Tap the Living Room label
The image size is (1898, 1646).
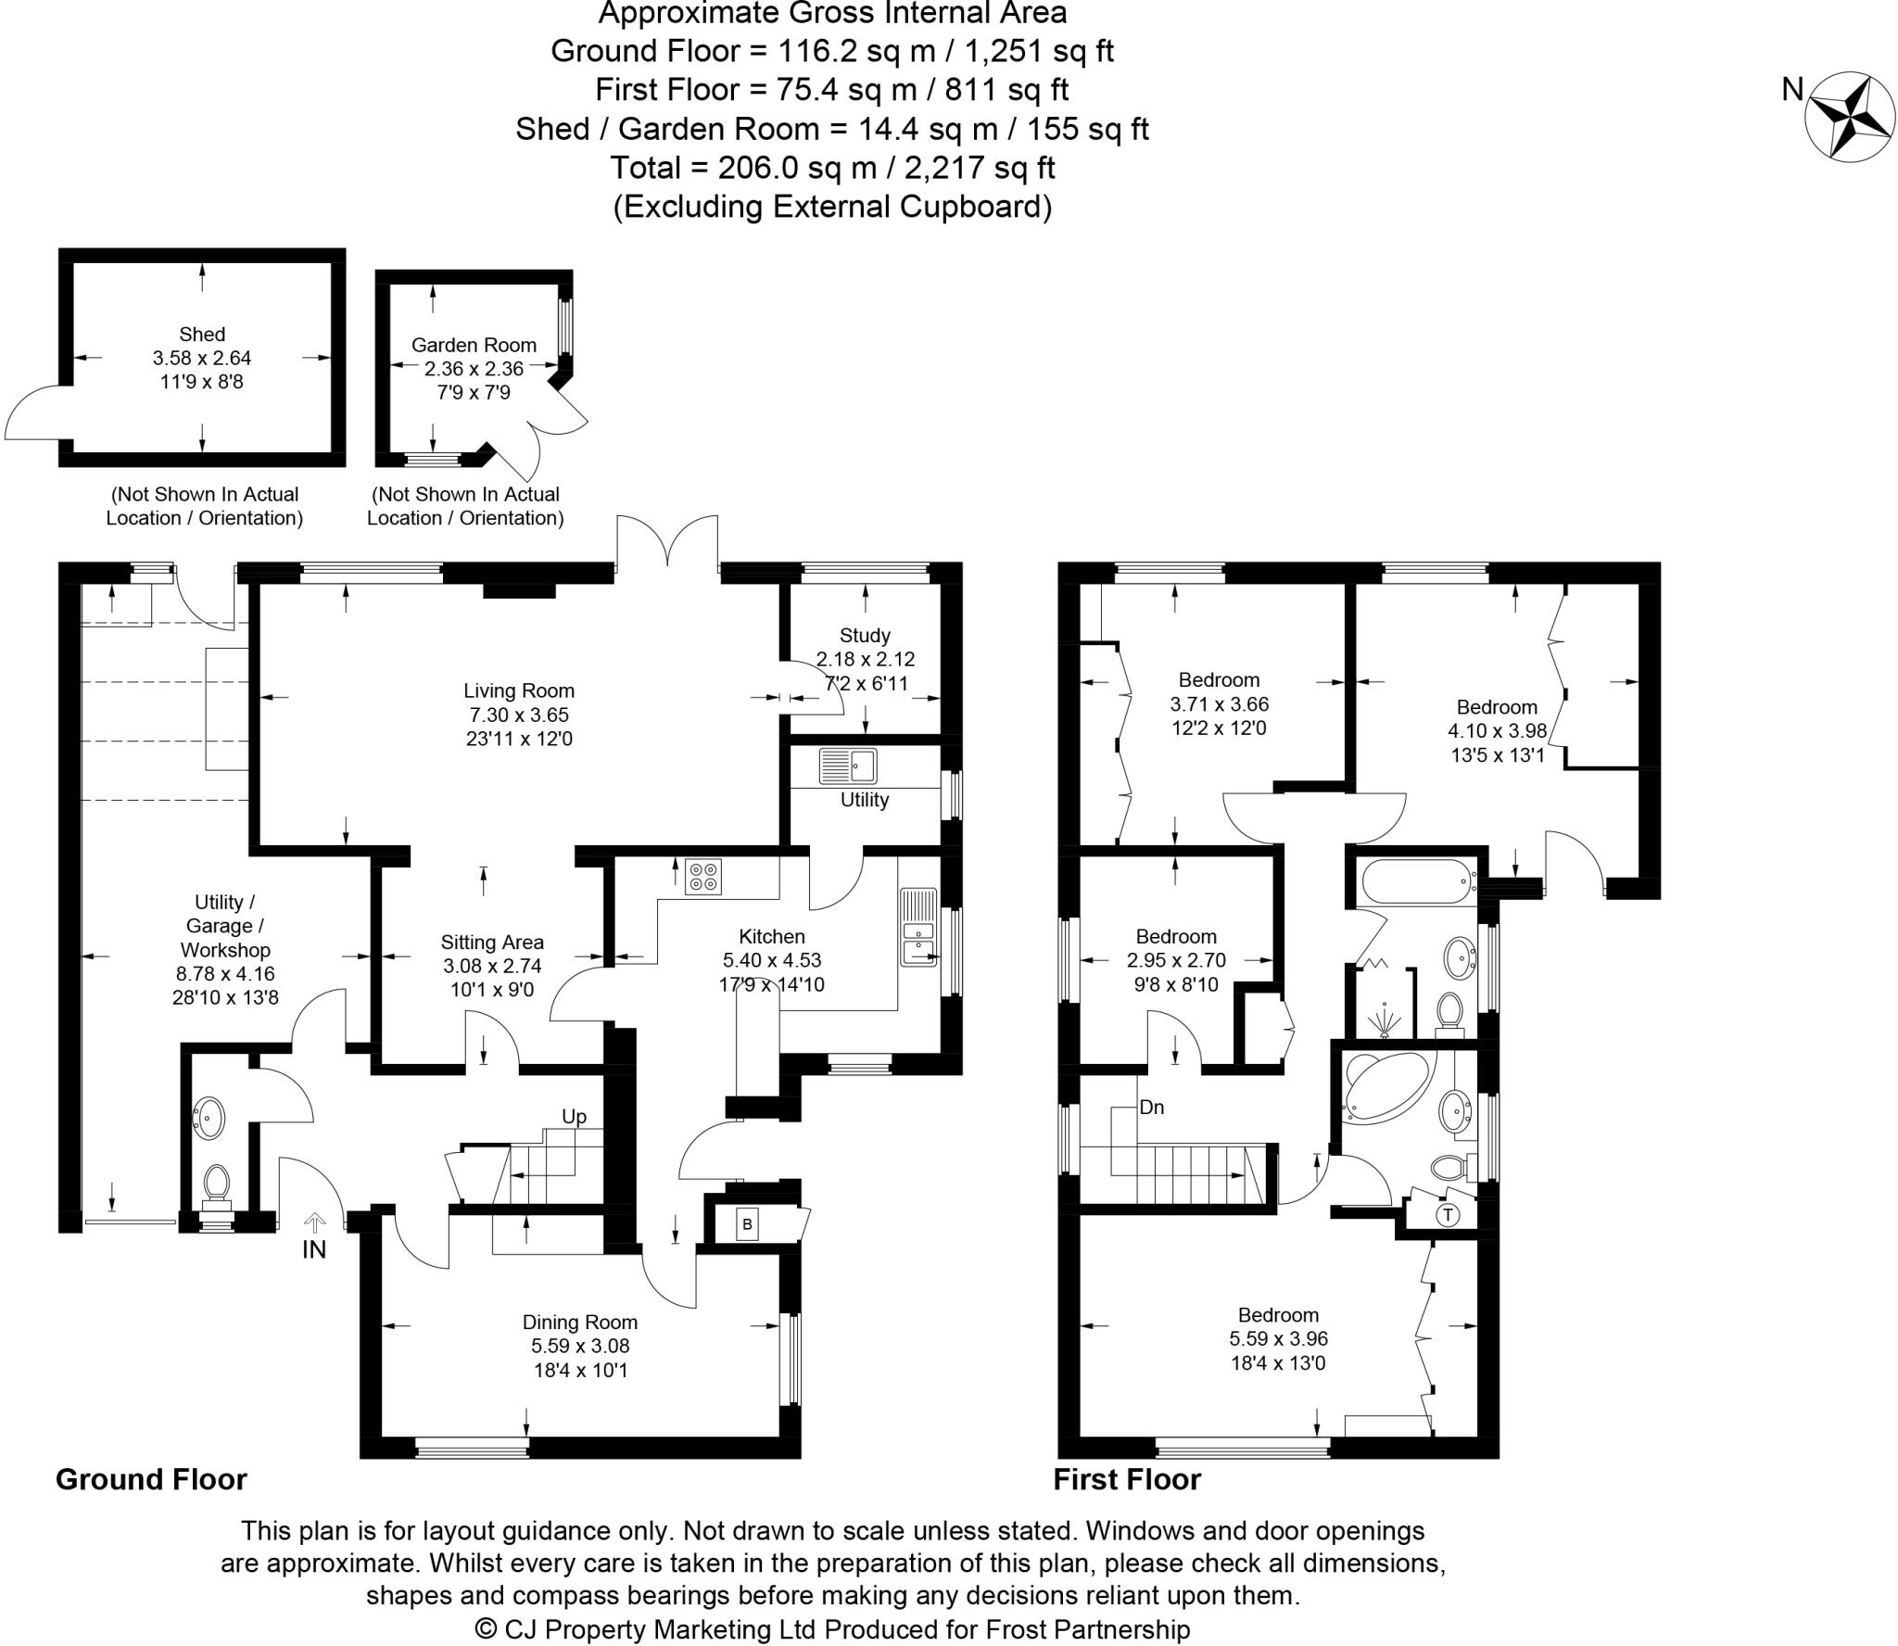519,690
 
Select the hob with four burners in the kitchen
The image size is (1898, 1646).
703,877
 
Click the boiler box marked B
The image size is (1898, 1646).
747,1224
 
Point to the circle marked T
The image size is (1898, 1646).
1447,1214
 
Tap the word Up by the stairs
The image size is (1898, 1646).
574,1116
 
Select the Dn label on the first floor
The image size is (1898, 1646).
1151,1107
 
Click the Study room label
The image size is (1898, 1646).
865,636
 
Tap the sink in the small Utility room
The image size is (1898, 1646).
848,766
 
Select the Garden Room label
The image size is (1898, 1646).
474,345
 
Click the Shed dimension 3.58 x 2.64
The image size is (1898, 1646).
202,358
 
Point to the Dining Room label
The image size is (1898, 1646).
580,1323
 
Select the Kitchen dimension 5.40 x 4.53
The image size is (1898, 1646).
772,960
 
